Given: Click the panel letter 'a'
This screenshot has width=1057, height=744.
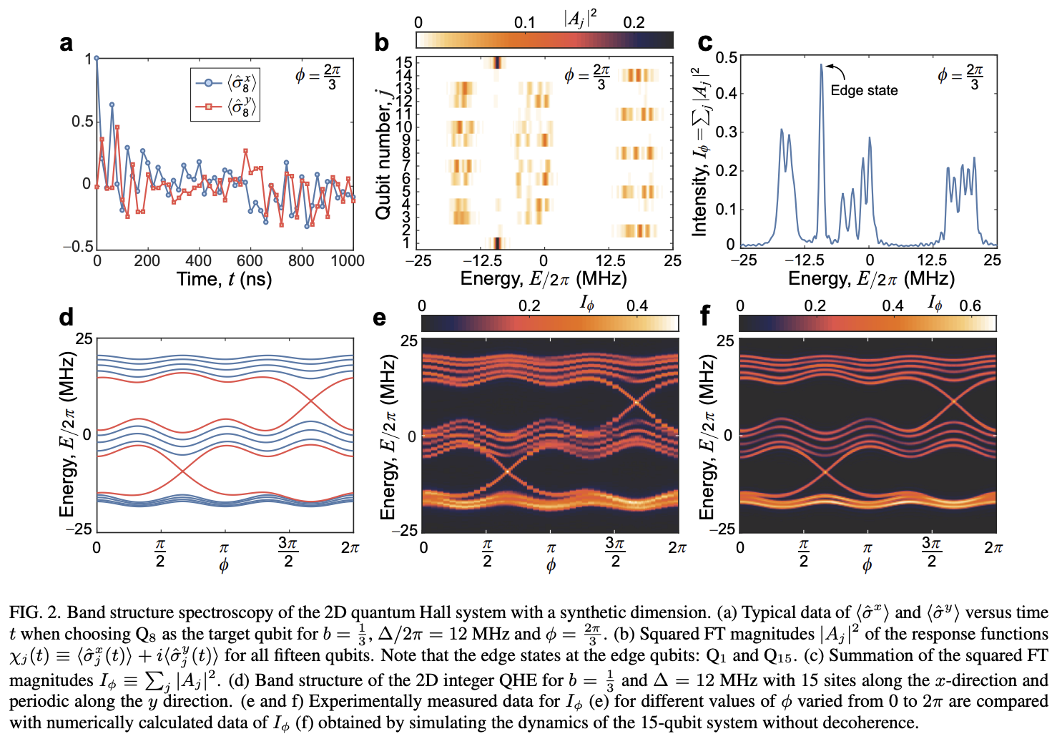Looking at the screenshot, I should click(x=66, y=44).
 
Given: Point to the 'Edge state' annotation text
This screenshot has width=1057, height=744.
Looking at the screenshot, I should click(x=864, y=91).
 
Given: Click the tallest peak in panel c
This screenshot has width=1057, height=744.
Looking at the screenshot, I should click(x=821, y=66).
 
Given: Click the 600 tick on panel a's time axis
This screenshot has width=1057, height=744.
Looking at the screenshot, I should click(x=250, y=261).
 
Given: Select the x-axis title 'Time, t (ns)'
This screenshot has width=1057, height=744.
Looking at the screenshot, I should click(x=224, y=279).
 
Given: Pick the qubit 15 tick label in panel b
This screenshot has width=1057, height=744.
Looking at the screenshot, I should click(x=405, y=63).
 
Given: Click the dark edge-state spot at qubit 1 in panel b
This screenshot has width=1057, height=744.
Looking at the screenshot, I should click(x=496, y=243).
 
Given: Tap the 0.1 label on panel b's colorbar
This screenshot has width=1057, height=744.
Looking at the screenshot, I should click(x=524, y=23).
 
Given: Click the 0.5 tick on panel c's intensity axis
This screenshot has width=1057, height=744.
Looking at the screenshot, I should click(x=726, y=57).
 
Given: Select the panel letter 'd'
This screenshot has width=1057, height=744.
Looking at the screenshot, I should click(x=66, y=317).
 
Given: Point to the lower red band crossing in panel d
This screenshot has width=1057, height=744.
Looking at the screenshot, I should click(x=184, y=470).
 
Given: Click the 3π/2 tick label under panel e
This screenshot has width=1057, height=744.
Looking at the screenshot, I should click(x=614, y=551).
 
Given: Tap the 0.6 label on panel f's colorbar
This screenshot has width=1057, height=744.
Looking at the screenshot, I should click(x=970, y=306).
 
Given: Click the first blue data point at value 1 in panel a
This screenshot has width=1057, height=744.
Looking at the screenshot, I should click(x=97, y=59).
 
